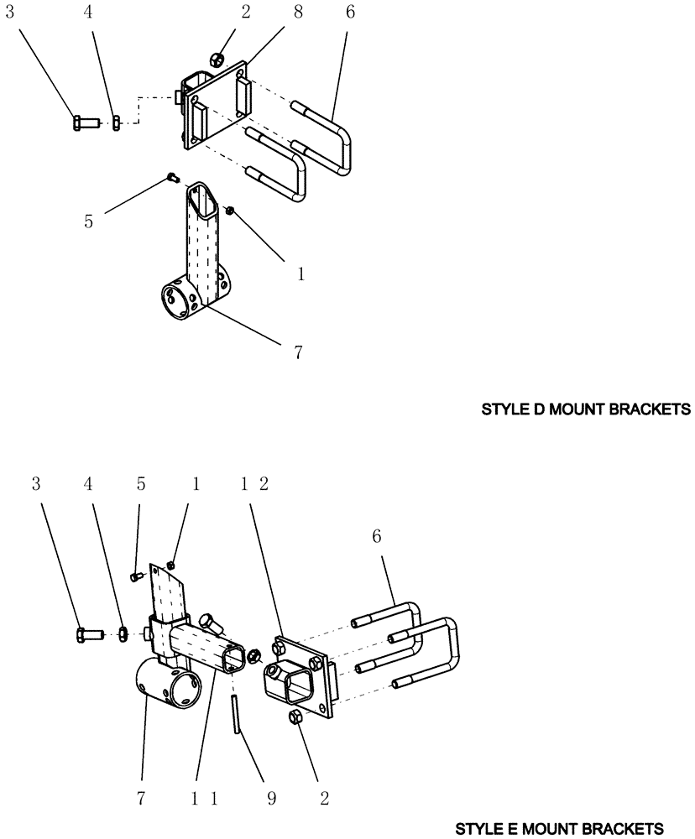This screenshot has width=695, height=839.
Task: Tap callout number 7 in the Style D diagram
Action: [297, 352]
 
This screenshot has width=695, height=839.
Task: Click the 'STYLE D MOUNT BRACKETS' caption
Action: [585, 410]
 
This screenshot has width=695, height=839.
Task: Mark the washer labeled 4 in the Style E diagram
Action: [123, 635]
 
